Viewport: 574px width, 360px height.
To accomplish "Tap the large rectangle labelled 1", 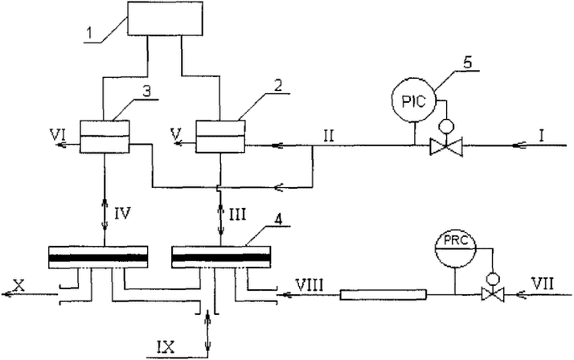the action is [165, 18].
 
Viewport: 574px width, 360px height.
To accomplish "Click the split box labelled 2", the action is [220, 136].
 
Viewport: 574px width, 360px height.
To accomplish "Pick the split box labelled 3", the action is [105, 136].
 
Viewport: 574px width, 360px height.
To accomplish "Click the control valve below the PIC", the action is [446, 145].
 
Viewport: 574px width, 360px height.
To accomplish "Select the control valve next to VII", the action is [493, 293].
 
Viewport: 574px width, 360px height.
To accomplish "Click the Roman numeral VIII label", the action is [310, 284].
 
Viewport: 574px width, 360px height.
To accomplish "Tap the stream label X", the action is [18, 284].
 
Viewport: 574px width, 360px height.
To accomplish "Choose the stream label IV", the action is [122, 213].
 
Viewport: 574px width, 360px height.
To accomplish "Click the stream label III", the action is [237, 213].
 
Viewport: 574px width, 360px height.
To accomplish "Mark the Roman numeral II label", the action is [328, 137].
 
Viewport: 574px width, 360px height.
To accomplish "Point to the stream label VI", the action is [59, 136].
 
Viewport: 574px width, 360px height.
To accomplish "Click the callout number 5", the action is [467, 62].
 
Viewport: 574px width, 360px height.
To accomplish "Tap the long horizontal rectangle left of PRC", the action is [383, 295].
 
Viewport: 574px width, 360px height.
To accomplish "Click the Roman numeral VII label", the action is [542, 284].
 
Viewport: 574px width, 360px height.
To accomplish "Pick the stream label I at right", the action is [541, 137].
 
